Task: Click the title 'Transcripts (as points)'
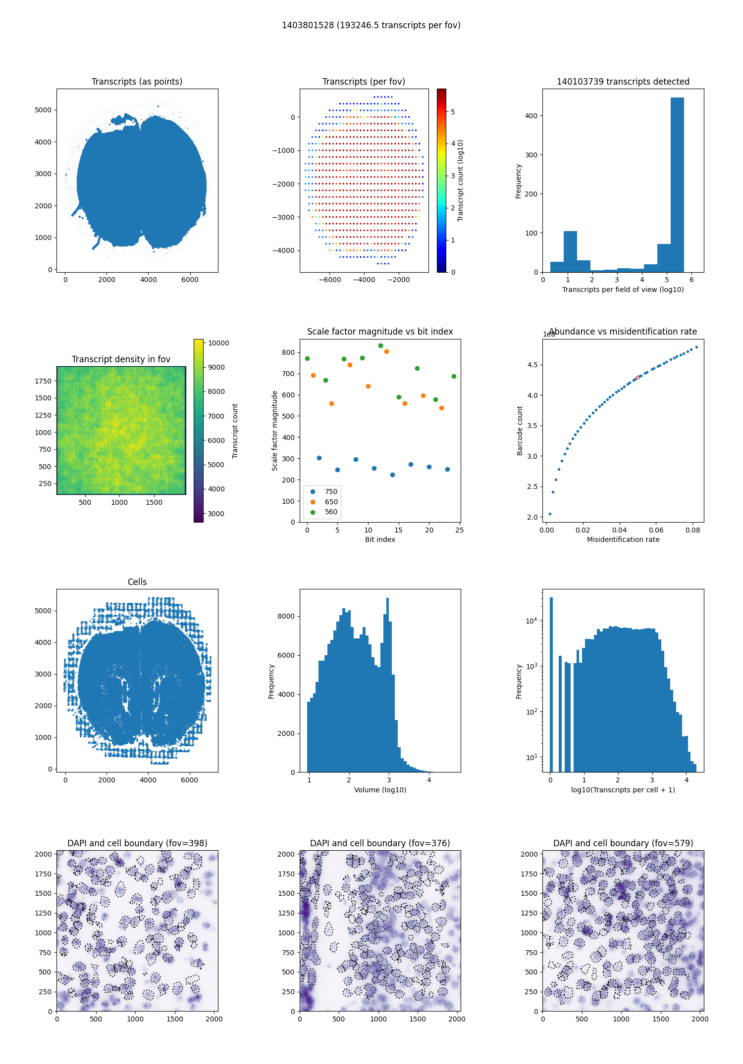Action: [x=137, y=82]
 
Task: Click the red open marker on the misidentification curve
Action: [x=637, y=378]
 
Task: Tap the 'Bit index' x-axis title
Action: [x=380, y=539]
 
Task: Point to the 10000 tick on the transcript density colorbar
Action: [x=218, y=343]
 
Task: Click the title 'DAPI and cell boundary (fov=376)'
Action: [x=380, y=843]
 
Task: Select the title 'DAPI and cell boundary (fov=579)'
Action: [x=623, y=843]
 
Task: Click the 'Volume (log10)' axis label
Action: [x=380, y=790]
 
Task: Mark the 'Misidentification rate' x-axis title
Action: [x=623, y=539]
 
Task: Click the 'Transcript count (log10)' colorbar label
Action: [x=461, y=180]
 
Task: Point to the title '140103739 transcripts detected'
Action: [x=623, y=82]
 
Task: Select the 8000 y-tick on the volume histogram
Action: [x=286, y=616]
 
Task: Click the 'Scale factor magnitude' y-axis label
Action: [x=274, y=431]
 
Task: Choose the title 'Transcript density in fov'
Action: [x=121, y=359]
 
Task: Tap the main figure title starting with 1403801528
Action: [x=371, y=25]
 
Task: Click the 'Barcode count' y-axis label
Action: [x=520, y=431]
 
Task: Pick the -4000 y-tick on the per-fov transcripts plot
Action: [x=283, y=250]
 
